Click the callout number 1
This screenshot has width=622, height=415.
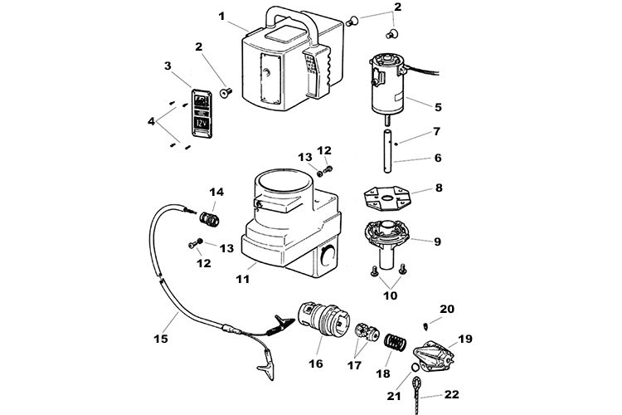pos(221,17)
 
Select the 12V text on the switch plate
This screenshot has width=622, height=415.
pos(202,124)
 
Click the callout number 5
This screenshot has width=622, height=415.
pos(438,107)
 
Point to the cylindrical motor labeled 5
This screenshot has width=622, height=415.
pos(386,85)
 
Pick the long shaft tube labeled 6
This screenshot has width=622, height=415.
pos(388,151)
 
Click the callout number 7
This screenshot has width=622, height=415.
pos(437,131)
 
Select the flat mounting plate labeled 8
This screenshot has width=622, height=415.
pos(387,198)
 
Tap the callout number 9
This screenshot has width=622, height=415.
pos(437,242)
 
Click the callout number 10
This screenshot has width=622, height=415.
pos(390,295)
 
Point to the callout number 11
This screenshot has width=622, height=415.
pos(243,279)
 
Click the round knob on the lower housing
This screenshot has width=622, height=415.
pos(328,255)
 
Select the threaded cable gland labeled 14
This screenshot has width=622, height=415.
pos(209,219)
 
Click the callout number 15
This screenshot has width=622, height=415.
pos(161,339)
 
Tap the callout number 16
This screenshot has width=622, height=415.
pos(316,364)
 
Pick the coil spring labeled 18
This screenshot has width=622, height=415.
pos(395,342)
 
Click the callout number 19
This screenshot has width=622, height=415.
pos(465,339)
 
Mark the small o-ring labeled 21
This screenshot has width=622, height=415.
pos(415,368)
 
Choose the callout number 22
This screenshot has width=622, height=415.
pos(451,394)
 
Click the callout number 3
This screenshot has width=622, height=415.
pos(168,66)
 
